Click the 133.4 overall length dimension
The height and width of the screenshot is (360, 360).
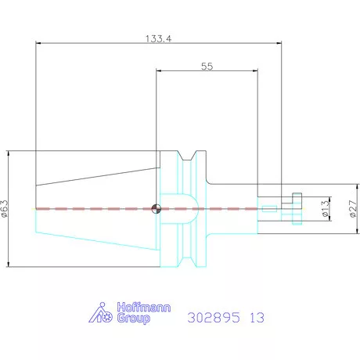click(x=158, y=39)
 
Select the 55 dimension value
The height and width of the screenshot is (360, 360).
click(x=207, y=67)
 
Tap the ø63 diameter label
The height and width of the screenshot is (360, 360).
click(x=5, y=208)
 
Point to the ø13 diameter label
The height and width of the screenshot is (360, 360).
click(x=326, y=209)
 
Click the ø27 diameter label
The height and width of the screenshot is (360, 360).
click(x=353, y=209)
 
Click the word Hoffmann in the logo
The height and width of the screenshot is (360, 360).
click(x=144, y=308)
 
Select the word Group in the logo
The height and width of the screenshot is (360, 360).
click(x=133, y=319)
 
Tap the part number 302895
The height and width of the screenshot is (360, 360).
click(x=214, y=318)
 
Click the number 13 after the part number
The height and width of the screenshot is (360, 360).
click(x=257, y=318)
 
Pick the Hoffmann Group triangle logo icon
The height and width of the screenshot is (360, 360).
click(x=101, y=312)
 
